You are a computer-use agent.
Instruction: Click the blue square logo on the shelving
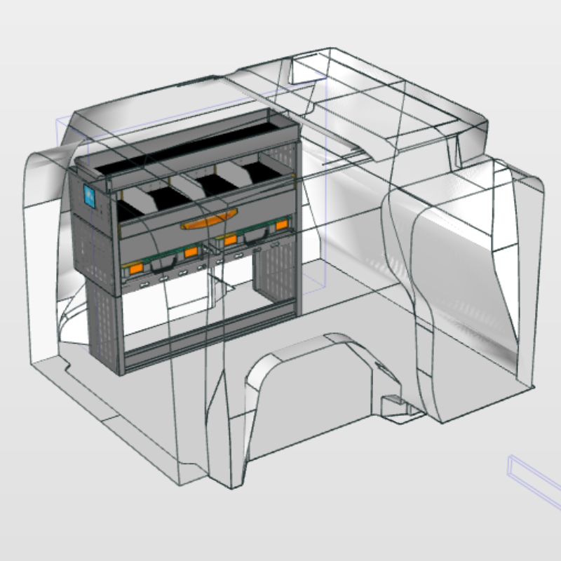coord(90,195)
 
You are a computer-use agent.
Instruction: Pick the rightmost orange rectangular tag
coord(282,225)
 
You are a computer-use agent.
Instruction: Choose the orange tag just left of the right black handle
coord(230,241)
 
